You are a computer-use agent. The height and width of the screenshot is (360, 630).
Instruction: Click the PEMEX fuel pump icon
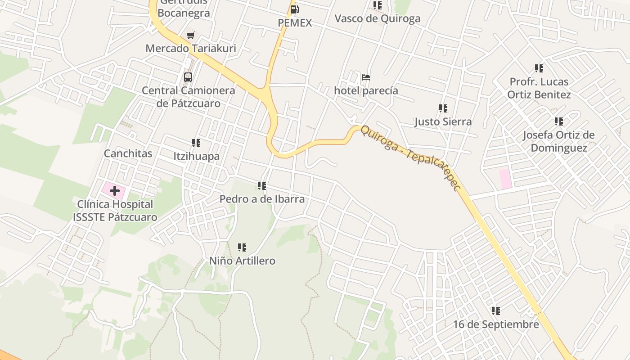(294, 9)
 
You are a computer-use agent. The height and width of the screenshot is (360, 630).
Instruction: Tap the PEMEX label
(295, 22)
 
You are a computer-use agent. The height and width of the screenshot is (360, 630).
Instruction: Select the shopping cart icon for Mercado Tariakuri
(191, 35)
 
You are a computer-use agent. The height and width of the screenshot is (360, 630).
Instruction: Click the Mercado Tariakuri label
(191, 48)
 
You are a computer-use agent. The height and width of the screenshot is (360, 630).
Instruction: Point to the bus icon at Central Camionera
(188, 77)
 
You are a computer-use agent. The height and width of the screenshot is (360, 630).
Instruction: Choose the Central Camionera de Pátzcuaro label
(189, 97)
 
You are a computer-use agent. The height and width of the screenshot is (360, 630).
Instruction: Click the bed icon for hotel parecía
(366, 77)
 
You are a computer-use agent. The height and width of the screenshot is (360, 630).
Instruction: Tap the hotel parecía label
(366, 90)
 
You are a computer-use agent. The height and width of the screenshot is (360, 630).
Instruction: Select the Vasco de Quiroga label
(378, 18)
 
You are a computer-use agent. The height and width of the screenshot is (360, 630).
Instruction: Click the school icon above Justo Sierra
(443, 108)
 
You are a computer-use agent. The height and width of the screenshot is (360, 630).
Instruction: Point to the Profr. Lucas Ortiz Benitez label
(539, 88)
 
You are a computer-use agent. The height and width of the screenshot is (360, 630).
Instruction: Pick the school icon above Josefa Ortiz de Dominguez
(559, 121)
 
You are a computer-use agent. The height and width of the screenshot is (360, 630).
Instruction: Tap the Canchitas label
(128, 153)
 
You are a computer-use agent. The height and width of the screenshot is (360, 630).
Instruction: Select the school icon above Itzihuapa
(196, 143)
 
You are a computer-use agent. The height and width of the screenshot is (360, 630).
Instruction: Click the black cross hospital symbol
(115, 190)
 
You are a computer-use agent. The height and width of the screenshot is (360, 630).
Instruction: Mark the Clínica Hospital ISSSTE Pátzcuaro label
(115, 211)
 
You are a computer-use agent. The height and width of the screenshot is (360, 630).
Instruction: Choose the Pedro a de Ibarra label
(262, 199)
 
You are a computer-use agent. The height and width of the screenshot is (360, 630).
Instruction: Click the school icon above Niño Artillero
(242, 247)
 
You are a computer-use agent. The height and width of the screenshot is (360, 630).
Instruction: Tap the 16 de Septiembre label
(495, 324)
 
